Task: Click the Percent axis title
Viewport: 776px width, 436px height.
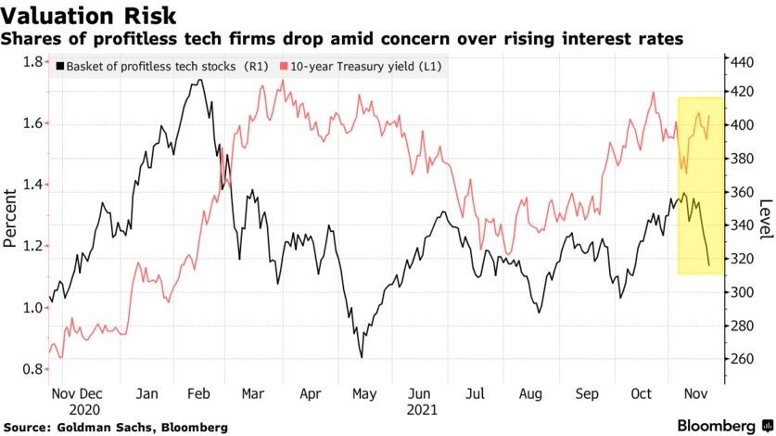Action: pos(11,218)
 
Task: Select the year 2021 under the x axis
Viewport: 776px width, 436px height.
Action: pos(420,407)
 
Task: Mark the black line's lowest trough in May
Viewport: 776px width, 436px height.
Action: pos(361,357)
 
